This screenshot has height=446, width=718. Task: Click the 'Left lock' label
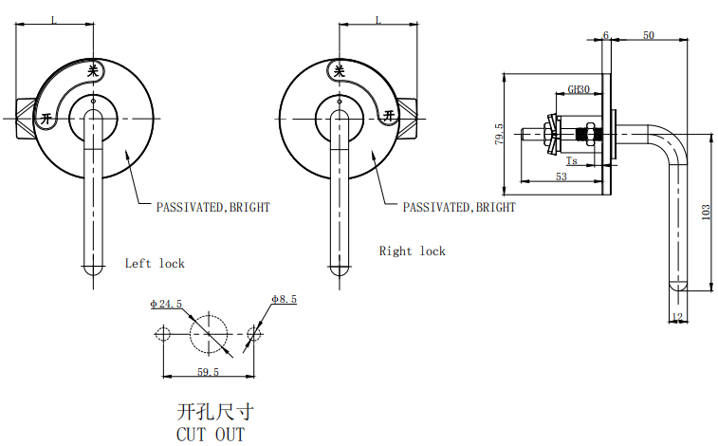(x=155, y=263)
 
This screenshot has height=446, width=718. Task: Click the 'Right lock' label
(x=413, y=251)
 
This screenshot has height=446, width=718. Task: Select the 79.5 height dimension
(x=499, y=134)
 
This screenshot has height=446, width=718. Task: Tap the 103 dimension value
(x=706, y=213)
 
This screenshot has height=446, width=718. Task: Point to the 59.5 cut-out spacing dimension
(x=208, y=372)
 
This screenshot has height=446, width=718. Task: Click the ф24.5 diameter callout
(x=166, y=304)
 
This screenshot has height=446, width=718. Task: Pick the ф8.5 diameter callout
(x=284, y=299)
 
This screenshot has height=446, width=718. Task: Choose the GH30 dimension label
(x=579, y=89)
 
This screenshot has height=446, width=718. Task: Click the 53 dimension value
(x=562, y=177)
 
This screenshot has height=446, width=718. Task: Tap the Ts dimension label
(x=572, y=160)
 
